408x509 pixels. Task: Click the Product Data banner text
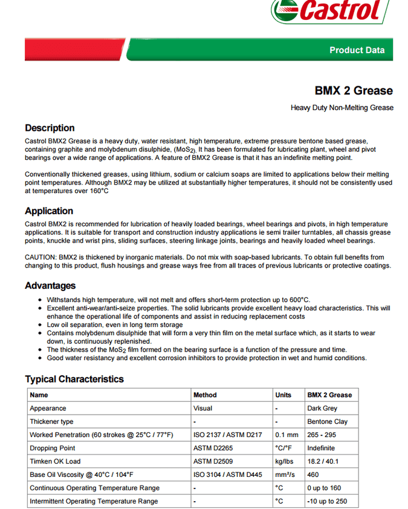(x=357, y=50)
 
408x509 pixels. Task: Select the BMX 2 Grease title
(x=354, y=91)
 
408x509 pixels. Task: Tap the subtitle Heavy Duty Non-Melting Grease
(x=342, y=108)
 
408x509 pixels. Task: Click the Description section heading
(x=50, y=128)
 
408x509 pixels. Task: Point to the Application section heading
(x=49, y=211)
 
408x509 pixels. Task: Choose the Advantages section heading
(x=50, y=285)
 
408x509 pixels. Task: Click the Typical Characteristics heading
(x=74, y=379)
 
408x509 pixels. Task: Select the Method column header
(x=205, y=395)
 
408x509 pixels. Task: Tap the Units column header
(x=283, y=395)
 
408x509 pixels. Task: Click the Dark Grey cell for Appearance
(x=322, y=408)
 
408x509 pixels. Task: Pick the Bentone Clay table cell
(x=328, y=421)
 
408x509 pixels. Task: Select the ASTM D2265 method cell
(x=213, y=448)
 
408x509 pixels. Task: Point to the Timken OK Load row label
(x=55, y=461)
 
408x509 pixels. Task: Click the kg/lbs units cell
(x=283, y=461)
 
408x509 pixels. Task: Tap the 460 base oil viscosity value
(x=313, y=475)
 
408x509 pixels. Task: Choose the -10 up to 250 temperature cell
(x=327, y=501)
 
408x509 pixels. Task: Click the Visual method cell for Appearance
(x=202, y=408)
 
